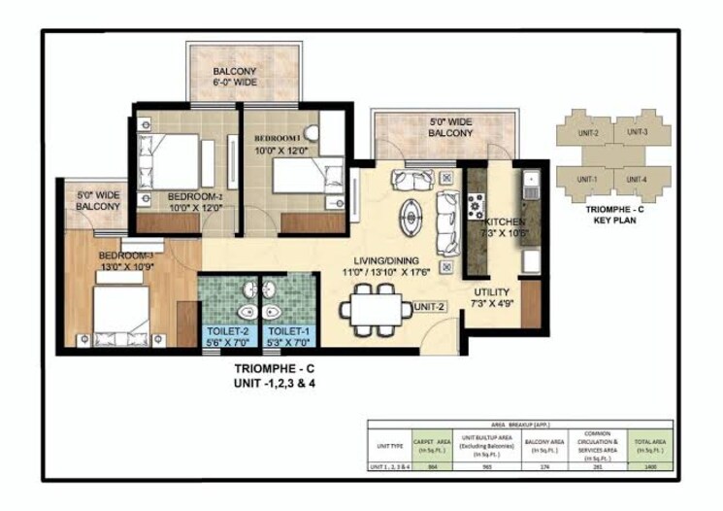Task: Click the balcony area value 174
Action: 542,466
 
